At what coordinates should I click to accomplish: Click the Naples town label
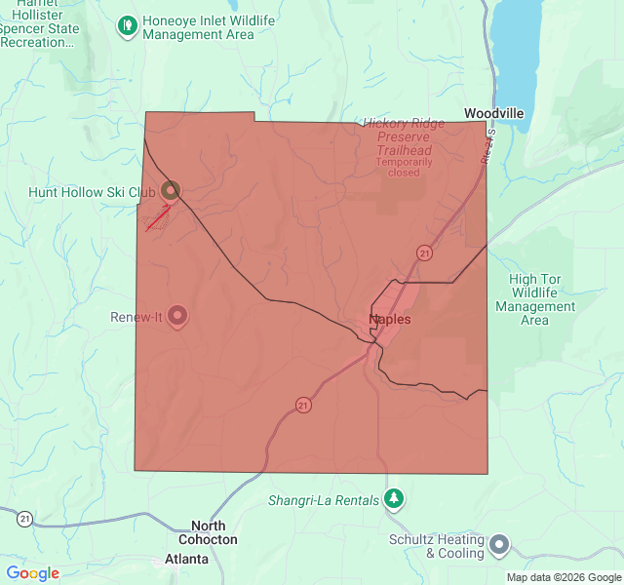pos(390,319)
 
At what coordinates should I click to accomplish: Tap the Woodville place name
pos(493,113)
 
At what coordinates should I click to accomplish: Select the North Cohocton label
pos(207,532)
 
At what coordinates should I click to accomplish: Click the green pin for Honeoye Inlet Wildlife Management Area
pos(127,26)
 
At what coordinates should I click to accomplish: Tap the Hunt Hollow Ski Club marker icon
pos(171,190)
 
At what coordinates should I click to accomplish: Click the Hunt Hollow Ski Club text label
pos(92,192)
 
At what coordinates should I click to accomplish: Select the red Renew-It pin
pos(177,315)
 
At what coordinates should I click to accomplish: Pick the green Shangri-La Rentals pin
pos(394,499)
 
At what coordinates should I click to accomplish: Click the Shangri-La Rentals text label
pos(324,501)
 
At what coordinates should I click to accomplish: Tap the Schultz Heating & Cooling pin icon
pos(499,545)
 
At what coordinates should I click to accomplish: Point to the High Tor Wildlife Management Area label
pos(535,299)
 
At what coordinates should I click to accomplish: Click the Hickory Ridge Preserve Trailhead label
pos(404,137)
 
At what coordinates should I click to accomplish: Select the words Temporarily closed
pos(404,167)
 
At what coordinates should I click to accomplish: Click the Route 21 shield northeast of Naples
pos(424,253)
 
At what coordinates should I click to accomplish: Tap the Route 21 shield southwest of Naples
pos(304,405)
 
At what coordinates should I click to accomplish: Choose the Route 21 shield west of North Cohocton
pos(24,519)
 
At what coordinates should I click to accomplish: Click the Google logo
pos(33,573)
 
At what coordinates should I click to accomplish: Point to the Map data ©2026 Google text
pos(563,577)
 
